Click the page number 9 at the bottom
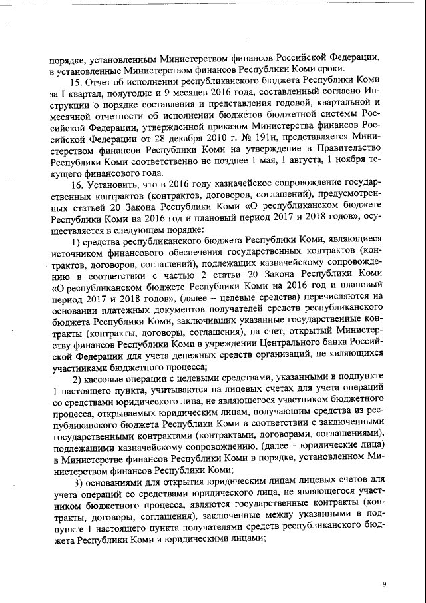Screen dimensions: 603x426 [x=384, y=584]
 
